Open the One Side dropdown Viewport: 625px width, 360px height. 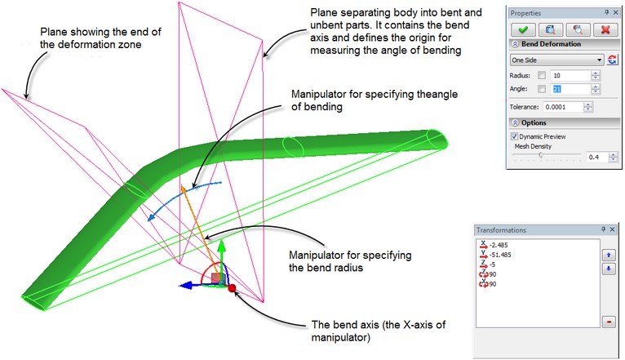click(600, 60)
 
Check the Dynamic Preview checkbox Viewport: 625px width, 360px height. click(514, 136)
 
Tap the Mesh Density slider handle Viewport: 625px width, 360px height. click(540, 155)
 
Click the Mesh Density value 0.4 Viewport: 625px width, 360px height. click(598, 157)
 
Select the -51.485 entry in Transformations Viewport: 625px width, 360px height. click(504, 254)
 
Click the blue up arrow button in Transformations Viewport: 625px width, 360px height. click(608, 255)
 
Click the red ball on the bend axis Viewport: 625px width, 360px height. click(232, 288)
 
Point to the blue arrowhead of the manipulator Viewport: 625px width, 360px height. click(184, 285)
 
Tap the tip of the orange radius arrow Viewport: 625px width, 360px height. click(183, 188)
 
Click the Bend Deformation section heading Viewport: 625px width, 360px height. click(551, 44)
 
